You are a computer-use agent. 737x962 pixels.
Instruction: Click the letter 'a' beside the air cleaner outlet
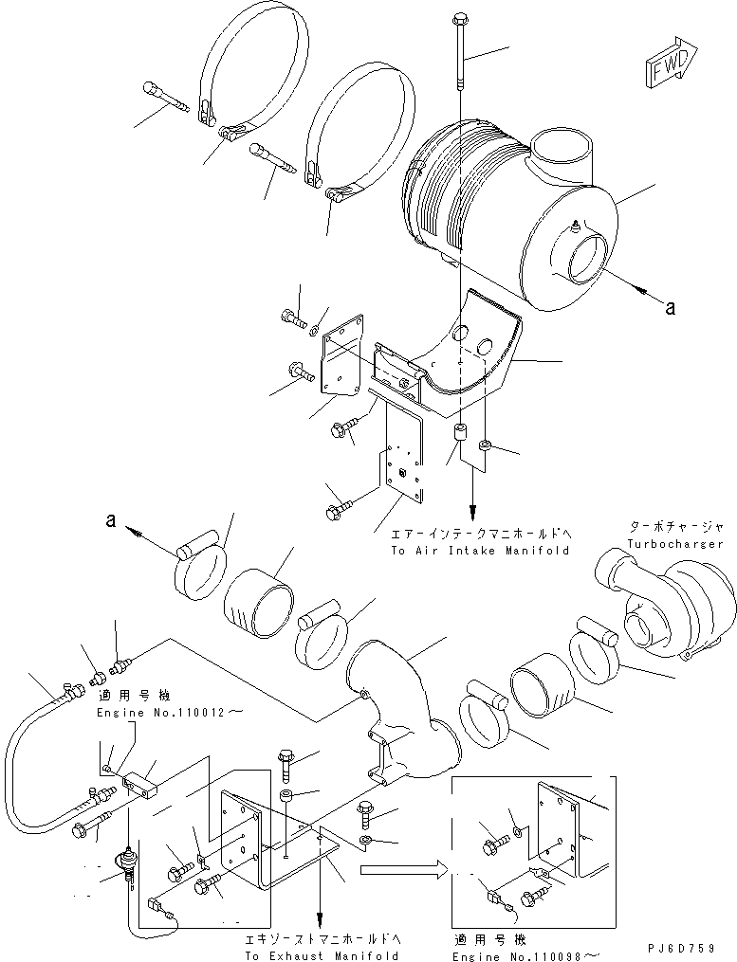(671, 306)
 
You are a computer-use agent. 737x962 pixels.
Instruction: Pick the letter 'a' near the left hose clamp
(111, 521)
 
